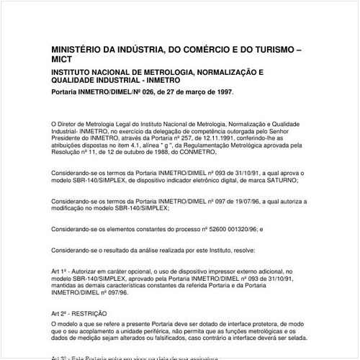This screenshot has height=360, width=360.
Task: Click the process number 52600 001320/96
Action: coord(220,228)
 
